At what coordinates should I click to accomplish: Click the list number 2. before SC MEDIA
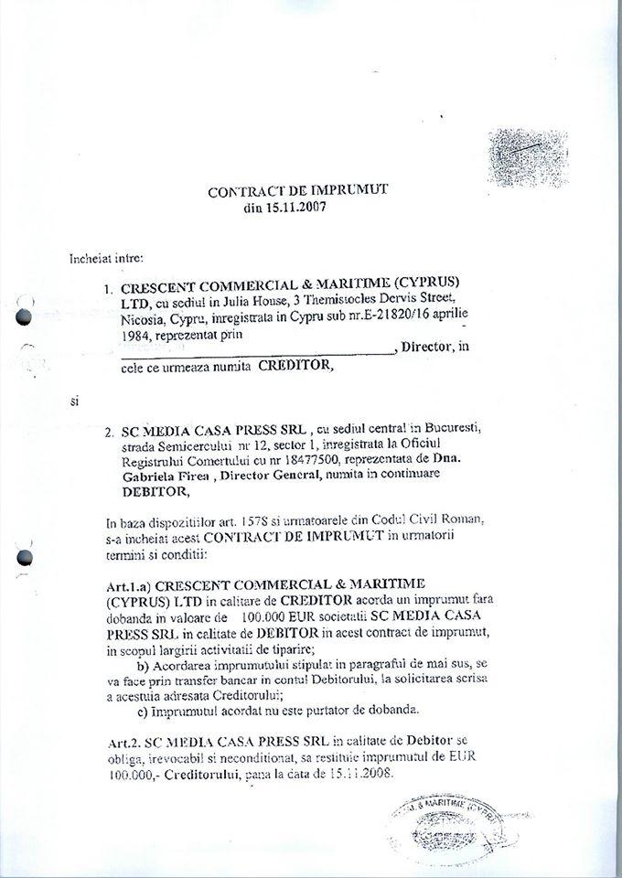108,431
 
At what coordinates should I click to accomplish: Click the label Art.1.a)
134,583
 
